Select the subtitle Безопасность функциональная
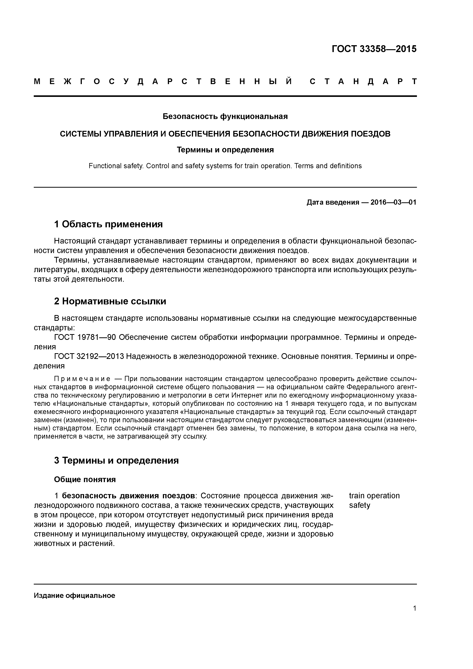tap(225, 117)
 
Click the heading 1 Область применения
tap(108, 224)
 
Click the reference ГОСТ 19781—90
tap(85, 337)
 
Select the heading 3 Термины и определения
tap(116, 460)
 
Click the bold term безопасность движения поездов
tap(128, 496)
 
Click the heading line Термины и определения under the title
tap(225, 150)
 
